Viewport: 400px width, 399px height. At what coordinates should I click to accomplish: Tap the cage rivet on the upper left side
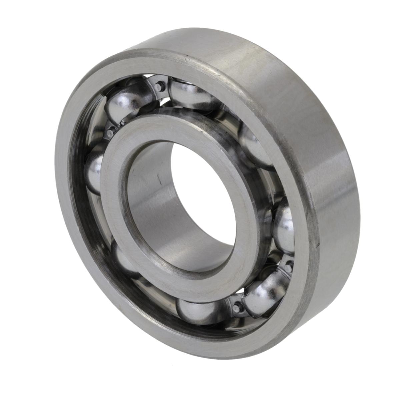110,133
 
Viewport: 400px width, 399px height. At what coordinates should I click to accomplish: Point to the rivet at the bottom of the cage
237,308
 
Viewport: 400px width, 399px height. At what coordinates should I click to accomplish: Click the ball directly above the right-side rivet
284,227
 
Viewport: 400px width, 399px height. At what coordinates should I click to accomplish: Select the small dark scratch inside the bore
159,180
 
